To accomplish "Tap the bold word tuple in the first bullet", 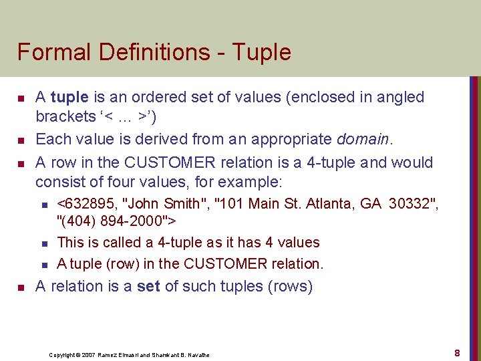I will coord(69,98).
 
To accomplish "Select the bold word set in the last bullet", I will coord(148,287).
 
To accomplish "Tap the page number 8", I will coord(457,352).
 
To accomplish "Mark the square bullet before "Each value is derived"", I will coord(21,140).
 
